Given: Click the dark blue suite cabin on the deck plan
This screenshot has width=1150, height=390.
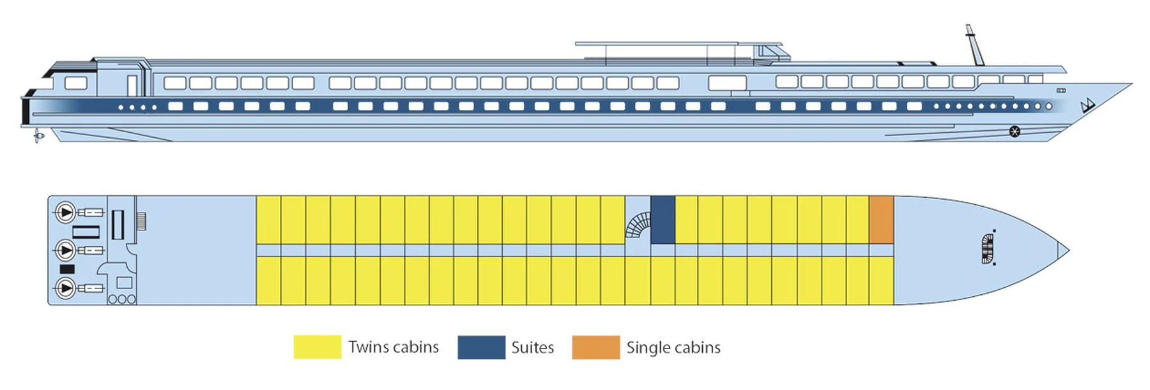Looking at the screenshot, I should pyautogui.click(x=663, y=220).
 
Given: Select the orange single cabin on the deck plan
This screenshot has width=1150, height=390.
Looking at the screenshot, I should pyautogui.click(x=881, y=220).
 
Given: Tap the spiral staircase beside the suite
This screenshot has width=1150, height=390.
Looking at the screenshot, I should pyautogui.click(x=638, y=225).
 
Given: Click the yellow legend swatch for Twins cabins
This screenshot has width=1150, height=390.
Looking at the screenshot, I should pyautogui.click(x=317, y=347).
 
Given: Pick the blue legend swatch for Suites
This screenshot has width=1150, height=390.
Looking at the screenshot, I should pyautogui.click(x=481, y=347).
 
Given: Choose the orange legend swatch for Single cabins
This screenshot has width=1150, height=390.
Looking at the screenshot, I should pyautogui.click(x=595, y=347).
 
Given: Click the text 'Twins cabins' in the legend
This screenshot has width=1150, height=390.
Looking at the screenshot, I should pyautogui.click(x=394, y=347).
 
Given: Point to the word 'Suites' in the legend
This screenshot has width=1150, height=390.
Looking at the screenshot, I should pyautogui.click(x=532, y=347).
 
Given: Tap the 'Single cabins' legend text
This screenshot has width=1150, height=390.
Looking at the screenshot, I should pyautogui.click(x=673, y=347).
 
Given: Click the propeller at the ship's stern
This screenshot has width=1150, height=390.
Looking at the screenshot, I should pyautogui.click(x=38, y=135).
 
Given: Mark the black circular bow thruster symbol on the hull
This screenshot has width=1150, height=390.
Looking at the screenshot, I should pyautogui.click(x=1015, y=131).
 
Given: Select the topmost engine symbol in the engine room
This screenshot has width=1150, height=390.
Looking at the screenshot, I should pyautogui.click(x=65, y=212).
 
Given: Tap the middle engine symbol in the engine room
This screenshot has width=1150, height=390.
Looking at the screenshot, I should pyautogui.click(x=65, y=250).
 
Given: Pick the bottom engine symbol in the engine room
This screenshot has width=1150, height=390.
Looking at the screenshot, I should pyautogui.click(x=65, y=288).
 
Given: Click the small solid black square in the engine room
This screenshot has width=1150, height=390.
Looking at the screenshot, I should pyautogui.click(x=67, y=269).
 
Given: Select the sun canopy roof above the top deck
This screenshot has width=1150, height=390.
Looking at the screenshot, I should pyautogui.click(x=658, y=44).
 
